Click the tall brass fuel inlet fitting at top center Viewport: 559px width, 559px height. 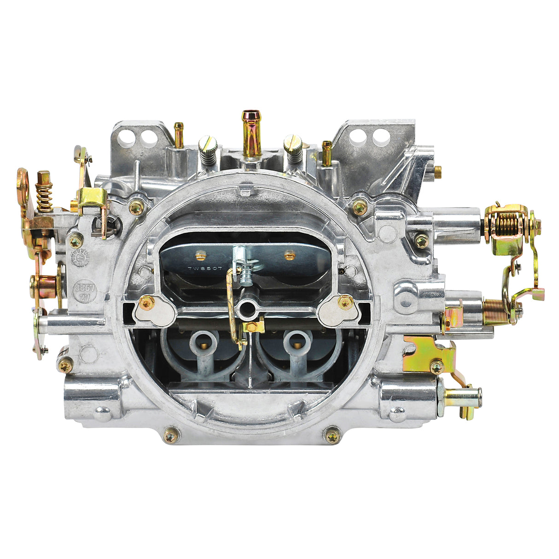251,134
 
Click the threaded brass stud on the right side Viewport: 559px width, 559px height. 496,305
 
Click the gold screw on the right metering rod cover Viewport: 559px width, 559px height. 345,302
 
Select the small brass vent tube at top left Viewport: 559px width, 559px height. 178,134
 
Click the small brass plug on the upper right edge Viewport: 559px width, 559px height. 437,171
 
